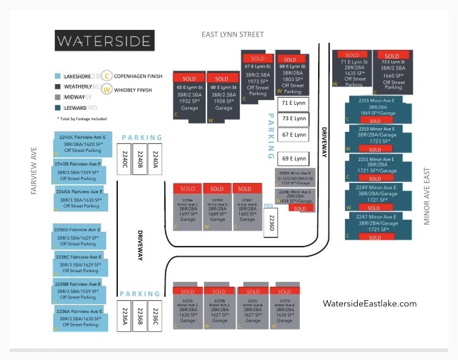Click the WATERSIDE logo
104,41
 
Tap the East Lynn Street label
233,35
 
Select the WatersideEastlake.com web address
369,303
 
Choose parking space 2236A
125,315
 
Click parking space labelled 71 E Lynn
293,104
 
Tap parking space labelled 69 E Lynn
293,158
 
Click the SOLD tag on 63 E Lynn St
188,78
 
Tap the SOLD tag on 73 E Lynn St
391,56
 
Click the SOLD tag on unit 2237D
284,291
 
